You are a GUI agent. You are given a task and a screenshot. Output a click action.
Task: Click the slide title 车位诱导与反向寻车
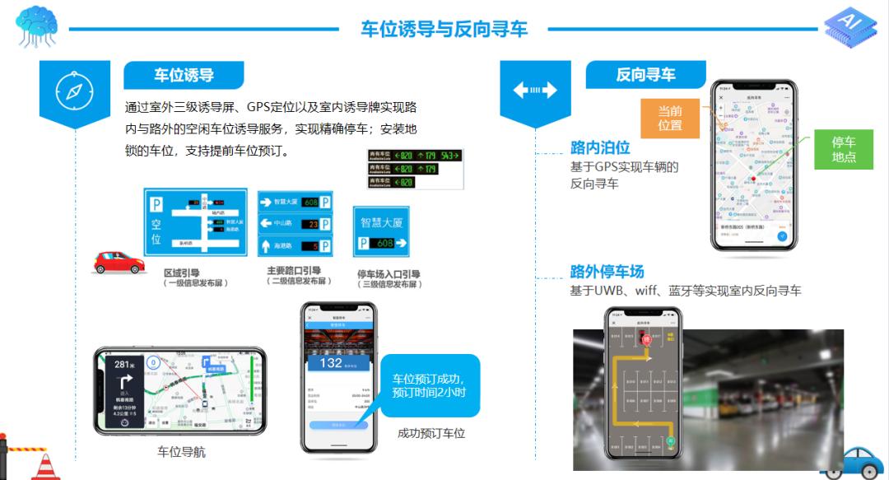point(444,29)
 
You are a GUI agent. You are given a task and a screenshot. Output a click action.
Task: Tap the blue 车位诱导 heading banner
point(184,75)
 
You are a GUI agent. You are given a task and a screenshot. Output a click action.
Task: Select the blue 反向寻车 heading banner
point(645,75)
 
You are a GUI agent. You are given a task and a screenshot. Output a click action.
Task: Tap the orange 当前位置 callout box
point(669,118)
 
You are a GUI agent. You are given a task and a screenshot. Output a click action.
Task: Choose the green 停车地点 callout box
point(843,149)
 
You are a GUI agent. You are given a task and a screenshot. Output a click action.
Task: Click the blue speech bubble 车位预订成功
point(429,385)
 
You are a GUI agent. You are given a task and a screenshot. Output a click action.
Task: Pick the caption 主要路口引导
point(294,271)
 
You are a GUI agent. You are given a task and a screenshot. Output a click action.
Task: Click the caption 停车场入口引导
point(389,274)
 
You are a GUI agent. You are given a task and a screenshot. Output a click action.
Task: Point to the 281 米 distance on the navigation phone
point(123,365)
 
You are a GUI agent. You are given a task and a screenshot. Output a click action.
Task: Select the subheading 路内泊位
point(600,148)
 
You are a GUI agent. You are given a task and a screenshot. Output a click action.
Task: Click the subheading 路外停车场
point(607,272)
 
